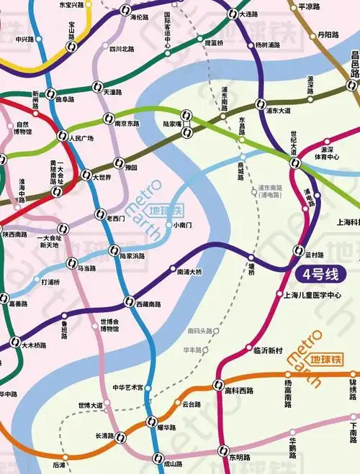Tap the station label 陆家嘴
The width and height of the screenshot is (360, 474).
[167, 124]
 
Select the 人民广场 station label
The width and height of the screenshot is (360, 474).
[80, 139]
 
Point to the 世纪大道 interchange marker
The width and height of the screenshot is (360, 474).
[295, 163]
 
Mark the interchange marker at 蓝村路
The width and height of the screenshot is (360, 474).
[300, 250]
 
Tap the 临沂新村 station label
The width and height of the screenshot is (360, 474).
[268, 350]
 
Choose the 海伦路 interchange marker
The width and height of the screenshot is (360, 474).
[127, 11]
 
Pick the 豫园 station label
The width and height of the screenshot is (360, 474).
[130, 167]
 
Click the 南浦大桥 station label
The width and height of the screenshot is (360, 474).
[189, 272]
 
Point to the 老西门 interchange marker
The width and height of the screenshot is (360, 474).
[100, 213]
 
